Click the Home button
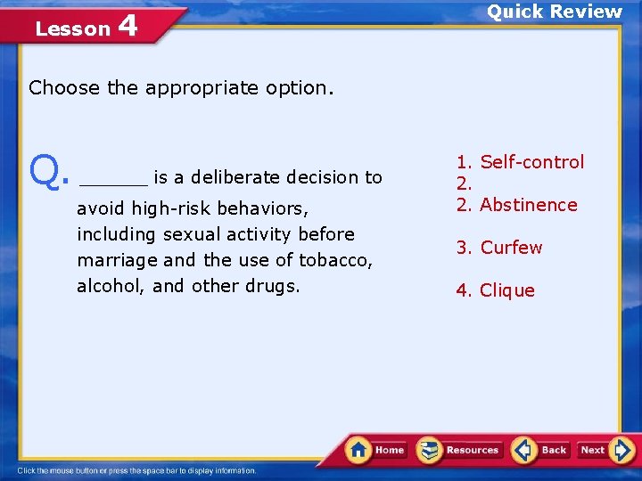click(376, 450)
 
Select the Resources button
click(460, 450)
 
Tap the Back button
click(541, 450)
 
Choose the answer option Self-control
click(531, 162)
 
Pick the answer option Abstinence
click(528, 205)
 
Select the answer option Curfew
click(510, 248)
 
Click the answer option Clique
click(506, 290)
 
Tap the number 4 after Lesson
click(127, 27)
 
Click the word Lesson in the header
click(72, 29)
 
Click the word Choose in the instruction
click(65, 88)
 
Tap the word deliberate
click(235, 177)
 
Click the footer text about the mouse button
click(137, 470)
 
